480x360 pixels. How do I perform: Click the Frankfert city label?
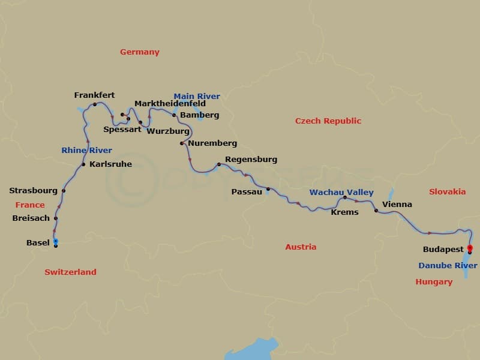94,95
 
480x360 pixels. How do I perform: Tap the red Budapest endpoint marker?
470,248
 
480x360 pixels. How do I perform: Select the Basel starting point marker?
55,242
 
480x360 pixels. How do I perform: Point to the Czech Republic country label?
328,121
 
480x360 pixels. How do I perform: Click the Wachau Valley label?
341,193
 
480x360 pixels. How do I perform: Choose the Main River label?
197,96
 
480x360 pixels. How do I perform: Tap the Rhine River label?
86,151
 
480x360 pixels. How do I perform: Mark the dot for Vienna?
376,211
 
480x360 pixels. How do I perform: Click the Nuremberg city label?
212,143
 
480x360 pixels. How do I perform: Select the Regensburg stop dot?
219,164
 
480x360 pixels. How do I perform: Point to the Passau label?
247,192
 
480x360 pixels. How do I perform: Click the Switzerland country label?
70,272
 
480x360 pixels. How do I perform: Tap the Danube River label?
448,266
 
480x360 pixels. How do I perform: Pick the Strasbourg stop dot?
64,191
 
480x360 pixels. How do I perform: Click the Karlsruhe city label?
110,164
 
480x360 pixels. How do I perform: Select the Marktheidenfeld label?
170,104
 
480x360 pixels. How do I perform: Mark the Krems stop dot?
345,197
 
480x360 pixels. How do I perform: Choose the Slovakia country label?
447,192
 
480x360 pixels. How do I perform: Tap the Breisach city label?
31,218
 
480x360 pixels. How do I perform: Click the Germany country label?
140,52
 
